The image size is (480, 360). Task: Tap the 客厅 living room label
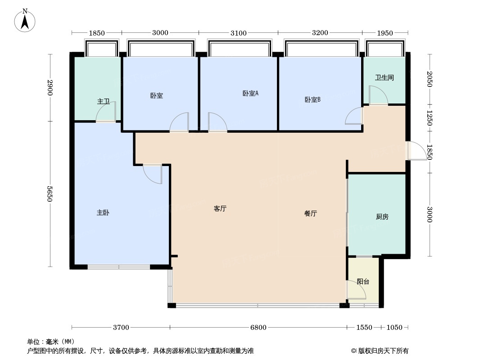click(220, 209)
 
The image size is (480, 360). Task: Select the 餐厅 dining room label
click(311, 214)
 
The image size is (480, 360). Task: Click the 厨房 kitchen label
click(382, 216)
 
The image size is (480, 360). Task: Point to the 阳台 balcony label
click(363, 282)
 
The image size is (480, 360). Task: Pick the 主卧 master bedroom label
click(103, 213)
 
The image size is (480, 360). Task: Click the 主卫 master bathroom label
click(104, 102)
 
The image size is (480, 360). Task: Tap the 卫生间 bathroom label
click(385, 77)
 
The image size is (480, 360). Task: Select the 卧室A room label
click(250, 94)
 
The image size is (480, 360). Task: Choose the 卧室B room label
click(312, 99)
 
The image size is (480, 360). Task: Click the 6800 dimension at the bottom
click(258, 327)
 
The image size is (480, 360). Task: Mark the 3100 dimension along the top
click(238, 33)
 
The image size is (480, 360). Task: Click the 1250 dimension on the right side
click(430, 117)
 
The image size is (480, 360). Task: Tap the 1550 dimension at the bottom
click(364, 327)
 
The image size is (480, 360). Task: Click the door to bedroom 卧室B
click(354, 116)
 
